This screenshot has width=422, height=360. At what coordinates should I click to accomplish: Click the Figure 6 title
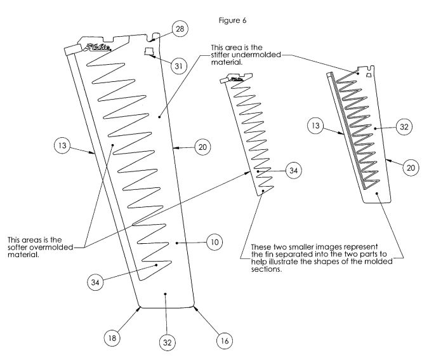click(232, 21)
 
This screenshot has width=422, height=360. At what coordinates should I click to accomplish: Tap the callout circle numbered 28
click(180, 29)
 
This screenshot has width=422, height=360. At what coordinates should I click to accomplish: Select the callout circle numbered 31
click(179, 66)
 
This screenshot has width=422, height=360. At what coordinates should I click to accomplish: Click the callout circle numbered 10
click(214, 242)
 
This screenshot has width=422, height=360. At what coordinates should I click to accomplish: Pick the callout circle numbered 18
click(112, 338)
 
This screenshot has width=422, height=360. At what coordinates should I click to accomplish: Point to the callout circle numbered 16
click(225, 341)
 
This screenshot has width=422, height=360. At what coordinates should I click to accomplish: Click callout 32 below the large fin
click(167, 342)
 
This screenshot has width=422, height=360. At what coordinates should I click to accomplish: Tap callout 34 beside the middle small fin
click(293, 170)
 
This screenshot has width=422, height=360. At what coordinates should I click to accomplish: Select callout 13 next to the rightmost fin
click(315, 126)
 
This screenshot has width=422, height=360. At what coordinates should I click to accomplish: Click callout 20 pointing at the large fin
click(202, 147)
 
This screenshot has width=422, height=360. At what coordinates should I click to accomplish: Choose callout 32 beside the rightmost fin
click(404, 127)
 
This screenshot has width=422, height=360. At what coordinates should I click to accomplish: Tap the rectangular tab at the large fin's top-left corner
click(73, 50)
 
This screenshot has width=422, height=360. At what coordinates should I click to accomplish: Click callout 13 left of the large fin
click(62, 145)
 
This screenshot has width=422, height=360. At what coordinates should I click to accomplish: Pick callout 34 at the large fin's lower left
click(95, 282)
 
